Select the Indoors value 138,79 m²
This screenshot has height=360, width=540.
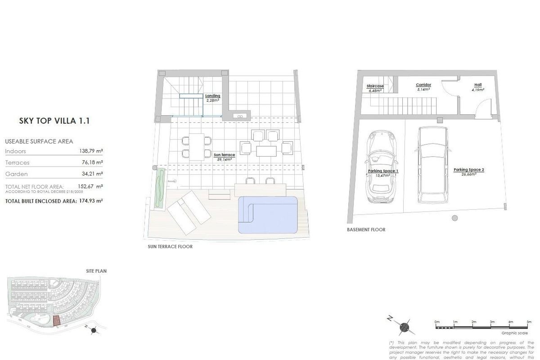(91, 152)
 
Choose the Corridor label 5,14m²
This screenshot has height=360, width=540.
(423, 87)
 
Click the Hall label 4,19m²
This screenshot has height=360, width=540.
(477, 87)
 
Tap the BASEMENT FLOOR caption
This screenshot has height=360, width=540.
(366, 229)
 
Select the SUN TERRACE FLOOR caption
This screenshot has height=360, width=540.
(170, 247)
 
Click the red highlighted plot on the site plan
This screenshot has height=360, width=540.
(56, 320)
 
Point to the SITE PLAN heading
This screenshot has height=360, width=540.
(96, 271)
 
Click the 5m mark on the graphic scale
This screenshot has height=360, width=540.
(529, 322)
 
